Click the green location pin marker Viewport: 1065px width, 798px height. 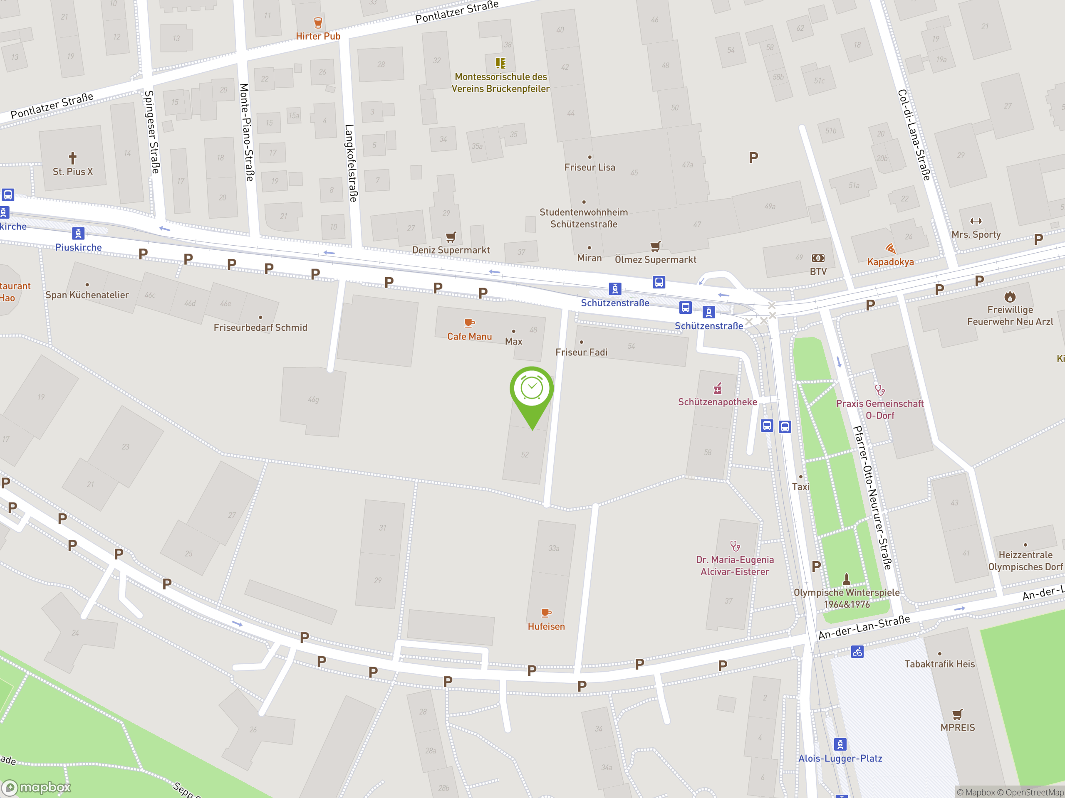tap(532, 392)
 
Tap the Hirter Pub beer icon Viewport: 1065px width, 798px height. tap(318, 22)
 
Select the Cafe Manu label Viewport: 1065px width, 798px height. tap(469, 337)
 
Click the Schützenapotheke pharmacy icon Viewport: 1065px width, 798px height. tap(717, 388)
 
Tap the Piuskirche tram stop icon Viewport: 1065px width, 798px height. tap(78, 233)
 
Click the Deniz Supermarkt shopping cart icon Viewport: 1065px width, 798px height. tap(451, 236)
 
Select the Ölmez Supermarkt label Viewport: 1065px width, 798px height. tap(655, 260)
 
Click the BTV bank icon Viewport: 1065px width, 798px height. tap(818, 258)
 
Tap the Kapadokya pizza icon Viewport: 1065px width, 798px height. tap(890, 249)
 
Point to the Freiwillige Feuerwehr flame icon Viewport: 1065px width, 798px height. tap(1010, 297)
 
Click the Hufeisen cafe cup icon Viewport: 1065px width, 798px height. tap(546, 613)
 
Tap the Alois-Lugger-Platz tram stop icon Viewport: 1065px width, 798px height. tap(840, 744)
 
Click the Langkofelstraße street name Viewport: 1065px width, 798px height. tap(351, 163)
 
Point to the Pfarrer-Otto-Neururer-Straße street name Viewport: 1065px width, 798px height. tap(872, 498)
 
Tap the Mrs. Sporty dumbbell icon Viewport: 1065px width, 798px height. tap(976, 221)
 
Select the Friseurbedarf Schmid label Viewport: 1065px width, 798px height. tap(260, 328)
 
